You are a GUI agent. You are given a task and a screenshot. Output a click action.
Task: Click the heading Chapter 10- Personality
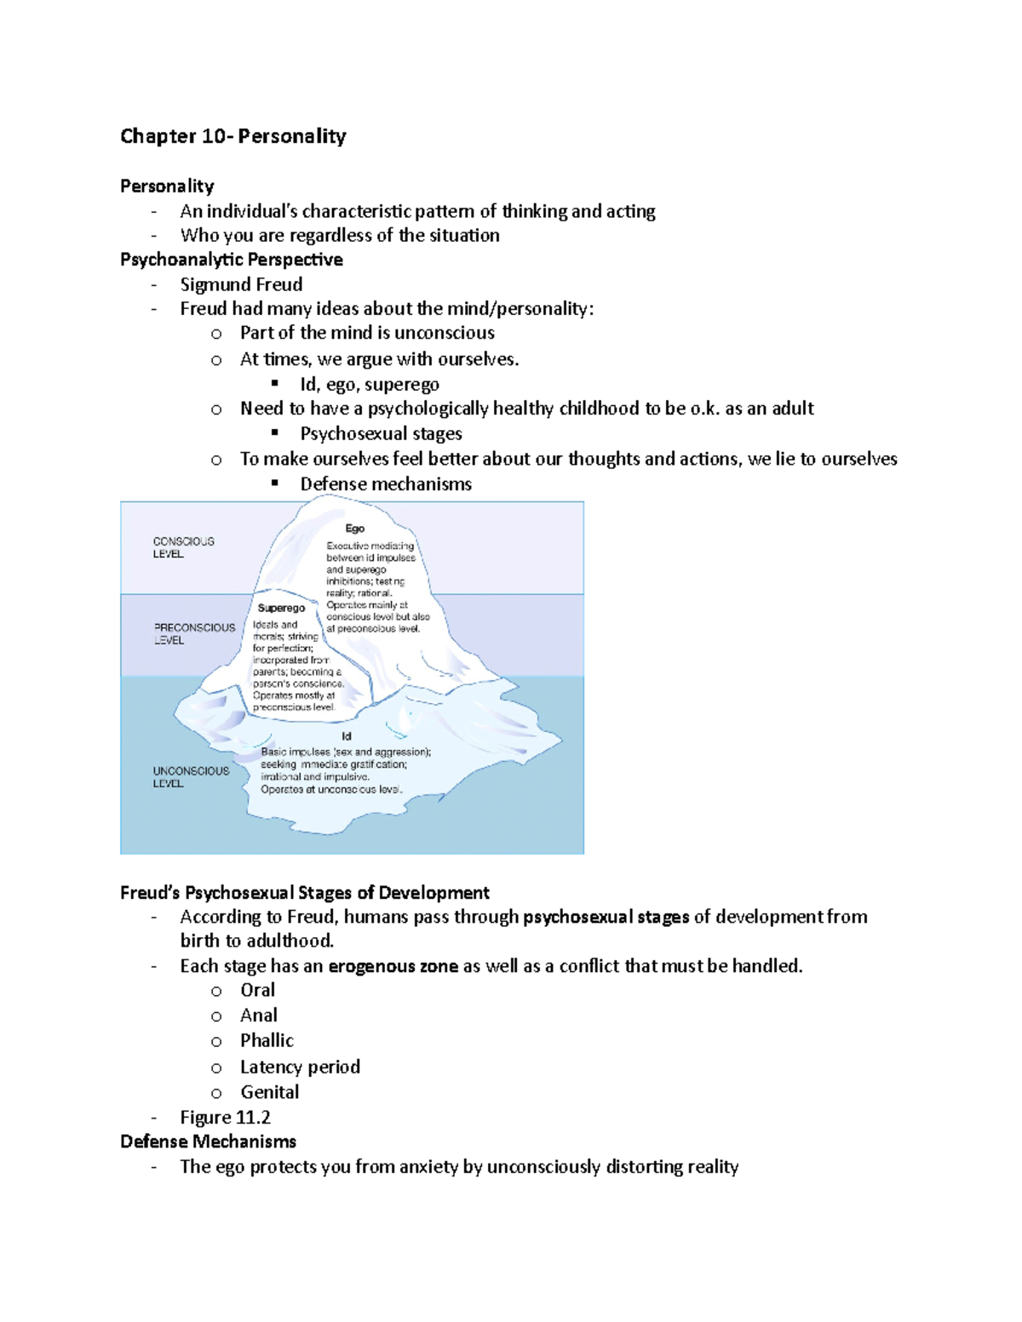[233, 136]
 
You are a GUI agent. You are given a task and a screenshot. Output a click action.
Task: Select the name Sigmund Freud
[241, 284]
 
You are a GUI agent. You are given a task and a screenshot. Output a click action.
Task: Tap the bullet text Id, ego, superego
[370, 384]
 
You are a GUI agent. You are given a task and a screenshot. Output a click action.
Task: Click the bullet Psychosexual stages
[381, 433]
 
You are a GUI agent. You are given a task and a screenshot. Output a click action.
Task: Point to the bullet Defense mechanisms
[386, 484]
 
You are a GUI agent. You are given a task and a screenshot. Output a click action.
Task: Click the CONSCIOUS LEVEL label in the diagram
[183, 547]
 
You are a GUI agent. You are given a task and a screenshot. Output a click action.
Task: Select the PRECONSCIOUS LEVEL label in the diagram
[194, 633]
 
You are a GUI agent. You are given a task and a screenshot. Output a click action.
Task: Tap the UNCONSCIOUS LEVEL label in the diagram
[191, 776]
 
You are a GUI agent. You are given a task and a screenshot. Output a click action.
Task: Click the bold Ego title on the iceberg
[354, 529]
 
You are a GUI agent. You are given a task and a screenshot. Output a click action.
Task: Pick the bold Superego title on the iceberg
[281, 608]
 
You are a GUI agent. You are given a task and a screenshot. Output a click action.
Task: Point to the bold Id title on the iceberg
[347, 736]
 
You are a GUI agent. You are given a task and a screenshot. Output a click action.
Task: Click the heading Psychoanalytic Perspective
[232, 260]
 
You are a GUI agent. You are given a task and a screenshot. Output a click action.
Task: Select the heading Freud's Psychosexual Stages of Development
[304, 892]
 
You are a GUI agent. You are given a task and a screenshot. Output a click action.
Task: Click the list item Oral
[257, 990]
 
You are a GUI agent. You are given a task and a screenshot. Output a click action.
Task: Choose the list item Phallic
[267, 1040]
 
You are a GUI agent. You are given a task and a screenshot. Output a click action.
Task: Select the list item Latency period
[300, 1067]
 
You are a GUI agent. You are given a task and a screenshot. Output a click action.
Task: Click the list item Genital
[269, 1091]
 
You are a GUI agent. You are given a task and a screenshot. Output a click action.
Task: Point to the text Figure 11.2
[225, 1117]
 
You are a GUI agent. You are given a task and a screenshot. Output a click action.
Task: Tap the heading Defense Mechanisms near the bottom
[208, 1142]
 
